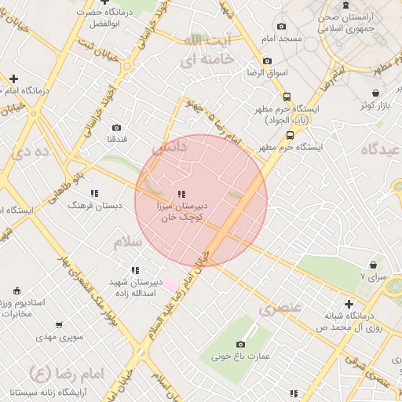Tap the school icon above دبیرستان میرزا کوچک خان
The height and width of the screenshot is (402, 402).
(x=181, y=193)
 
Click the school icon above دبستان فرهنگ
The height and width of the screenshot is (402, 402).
(x=94, y=193)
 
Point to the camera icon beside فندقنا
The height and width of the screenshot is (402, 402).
(x=116, y=127)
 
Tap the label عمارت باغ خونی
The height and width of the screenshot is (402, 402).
(x=239, y=356)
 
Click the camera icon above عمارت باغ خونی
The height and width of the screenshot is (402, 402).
(x=240, y=344)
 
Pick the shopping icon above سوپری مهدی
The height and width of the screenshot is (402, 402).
(x=59, y=324)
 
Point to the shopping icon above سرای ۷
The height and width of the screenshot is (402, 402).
(x=374, y=265)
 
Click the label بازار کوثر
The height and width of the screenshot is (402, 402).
(x=375, y=104)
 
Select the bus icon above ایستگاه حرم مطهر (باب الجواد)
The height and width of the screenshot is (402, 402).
(x=287, y=97)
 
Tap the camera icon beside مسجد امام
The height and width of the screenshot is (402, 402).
(x=268, y=60)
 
